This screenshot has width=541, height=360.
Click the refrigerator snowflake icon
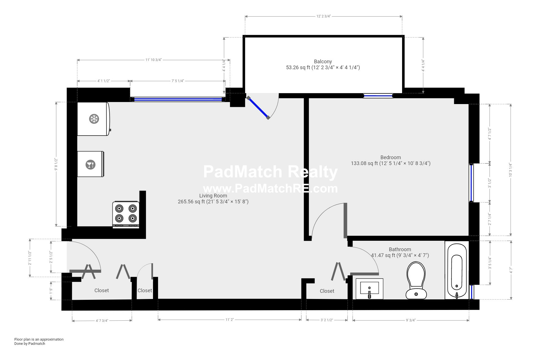pyautogui.click(x=94, y=119)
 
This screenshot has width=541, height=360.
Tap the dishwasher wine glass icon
pyautogui.click(x=90, y=165)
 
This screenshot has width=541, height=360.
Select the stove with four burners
pyautogui.click(x=126, y=214)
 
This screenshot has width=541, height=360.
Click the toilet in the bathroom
pyautogui.click(x=416, y=280)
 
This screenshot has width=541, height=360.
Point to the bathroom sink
pyautogui.click(x=369, y=289)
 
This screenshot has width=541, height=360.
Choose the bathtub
pyautogui.click(x=457, y=270)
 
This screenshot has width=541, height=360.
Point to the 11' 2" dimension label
pyautogui.click(x=230, y=320)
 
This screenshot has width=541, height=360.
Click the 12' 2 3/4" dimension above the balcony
pyautogui.click(x=323, y=16)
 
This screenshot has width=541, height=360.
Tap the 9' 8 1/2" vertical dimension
pyautogui.click(x=56, y=164)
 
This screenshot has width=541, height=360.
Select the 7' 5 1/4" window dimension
pyautogui.click(x=178, y=81)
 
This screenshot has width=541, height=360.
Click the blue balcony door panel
pyautogui.click(x=258, y=108)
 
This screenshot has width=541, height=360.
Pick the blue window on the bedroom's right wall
pyautogui.click(x=471, y=183)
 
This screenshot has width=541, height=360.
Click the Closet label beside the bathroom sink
pyautogui.click(x=327, y=291)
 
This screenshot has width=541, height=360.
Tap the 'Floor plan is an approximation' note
pyautogui.click(x=39, y=339)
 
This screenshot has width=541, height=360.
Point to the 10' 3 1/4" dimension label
pyautogui.click(x=510, y=170)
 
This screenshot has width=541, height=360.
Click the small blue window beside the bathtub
pyautogui.click(x=471, y=292)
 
